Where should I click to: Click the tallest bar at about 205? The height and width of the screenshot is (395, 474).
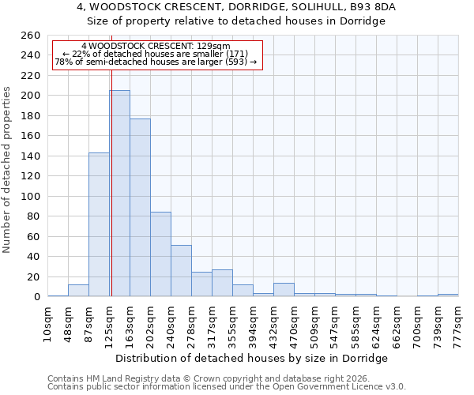[120, 194]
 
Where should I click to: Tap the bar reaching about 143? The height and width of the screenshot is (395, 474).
[99, 224]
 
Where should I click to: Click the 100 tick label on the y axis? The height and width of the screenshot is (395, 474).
[30, 197]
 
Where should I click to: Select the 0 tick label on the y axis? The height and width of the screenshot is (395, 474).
[36, 297]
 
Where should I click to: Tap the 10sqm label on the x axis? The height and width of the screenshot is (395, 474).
[47, 323]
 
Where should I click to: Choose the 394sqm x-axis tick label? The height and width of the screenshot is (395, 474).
[253, 323]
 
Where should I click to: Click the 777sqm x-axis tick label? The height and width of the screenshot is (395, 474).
[458, 323]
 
